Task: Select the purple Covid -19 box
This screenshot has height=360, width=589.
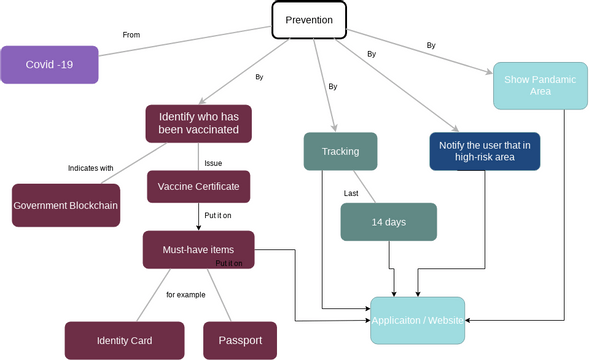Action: [x=49, y=64]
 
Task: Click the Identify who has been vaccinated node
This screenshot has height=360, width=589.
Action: [x=198, y=123]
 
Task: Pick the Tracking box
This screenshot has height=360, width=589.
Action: [x=340, y=151]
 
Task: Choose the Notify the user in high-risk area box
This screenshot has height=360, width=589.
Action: [x=484, y=151]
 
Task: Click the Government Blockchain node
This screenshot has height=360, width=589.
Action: [x=65, y=204]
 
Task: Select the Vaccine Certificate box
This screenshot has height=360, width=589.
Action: [x=198, y=187]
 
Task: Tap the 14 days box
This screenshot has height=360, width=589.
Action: [x=388, y=222]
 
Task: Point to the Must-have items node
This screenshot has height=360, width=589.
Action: [x=199, y=249]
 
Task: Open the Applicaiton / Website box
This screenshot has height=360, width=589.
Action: [x=417, y=320]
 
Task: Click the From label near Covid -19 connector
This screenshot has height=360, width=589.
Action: [x=131, y=35]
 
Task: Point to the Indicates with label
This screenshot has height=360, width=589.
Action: [x=90, y=168]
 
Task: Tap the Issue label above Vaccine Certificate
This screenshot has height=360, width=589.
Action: [x=213, y=162]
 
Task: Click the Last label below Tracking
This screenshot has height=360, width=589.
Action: [x=351, y=192]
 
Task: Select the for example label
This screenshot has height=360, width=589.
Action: [x=186, y=295]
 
